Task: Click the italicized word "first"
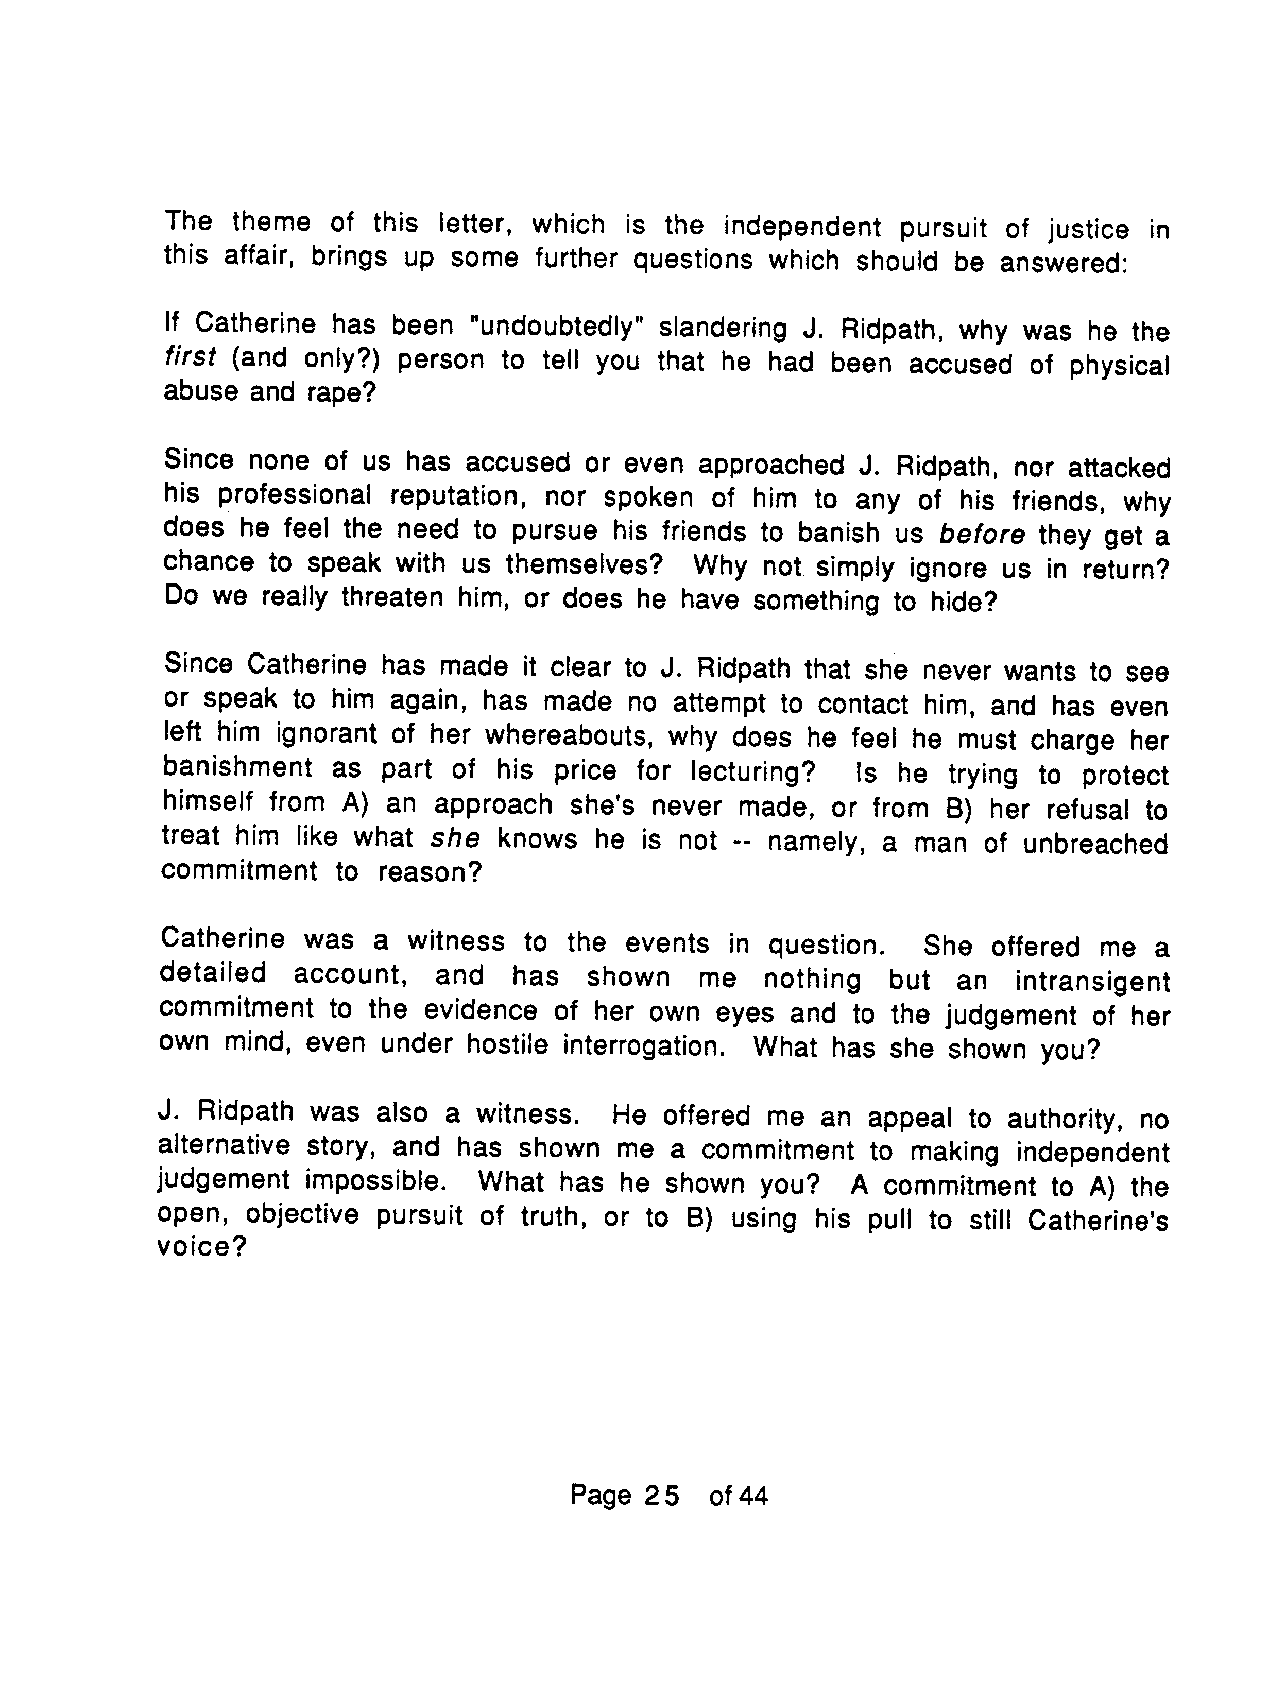(190, 357)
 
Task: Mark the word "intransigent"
(1092, 982)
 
